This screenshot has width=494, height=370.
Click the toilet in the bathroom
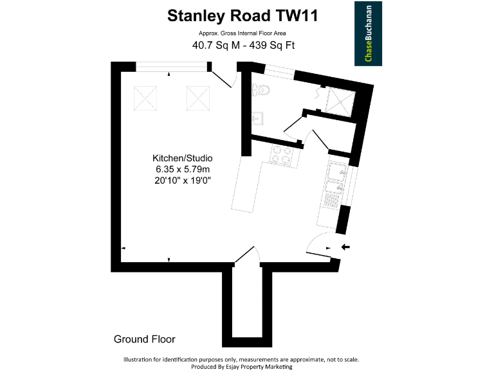262,90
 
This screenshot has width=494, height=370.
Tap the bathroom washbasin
257,118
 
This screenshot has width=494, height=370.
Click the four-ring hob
281,154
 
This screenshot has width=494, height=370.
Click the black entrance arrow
345,247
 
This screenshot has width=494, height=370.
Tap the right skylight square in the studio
198,98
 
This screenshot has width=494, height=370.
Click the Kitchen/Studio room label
182,158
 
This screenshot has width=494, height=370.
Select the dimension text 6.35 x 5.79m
182,170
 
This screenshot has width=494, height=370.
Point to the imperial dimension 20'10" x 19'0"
182,181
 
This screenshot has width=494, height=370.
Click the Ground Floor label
144,339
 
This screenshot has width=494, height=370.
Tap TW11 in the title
295,15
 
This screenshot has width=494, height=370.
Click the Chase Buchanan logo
368,33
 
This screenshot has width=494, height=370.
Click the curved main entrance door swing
317,245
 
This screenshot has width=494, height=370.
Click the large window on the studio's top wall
172,66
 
